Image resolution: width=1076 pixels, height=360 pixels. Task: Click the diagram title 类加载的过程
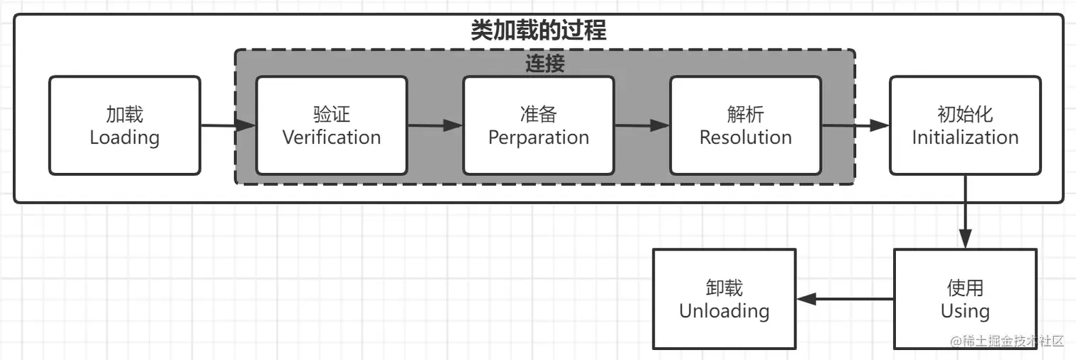538,31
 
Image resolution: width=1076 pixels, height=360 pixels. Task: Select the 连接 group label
544,63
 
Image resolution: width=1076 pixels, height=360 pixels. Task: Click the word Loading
125,137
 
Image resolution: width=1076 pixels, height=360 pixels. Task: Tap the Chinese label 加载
125,115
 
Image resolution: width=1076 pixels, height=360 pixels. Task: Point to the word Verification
332,137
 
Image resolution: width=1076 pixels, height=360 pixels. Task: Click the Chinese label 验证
332,115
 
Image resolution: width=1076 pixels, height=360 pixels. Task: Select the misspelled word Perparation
539,137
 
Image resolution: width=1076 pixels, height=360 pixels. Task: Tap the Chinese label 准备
539,115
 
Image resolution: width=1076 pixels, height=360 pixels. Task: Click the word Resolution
746,137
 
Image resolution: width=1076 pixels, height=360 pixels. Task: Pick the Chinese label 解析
746,115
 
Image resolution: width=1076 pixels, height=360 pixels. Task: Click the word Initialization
966,137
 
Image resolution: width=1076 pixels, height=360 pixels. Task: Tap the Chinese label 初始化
966,115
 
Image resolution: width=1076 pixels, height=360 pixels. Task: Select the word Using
965,311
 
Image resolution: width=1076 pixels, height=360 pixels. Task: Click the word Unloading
724,311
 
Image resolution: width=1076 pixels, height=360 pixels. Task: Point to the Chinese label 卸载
724,288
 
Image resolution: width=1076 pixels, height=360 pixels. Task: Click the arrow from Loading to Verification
228,126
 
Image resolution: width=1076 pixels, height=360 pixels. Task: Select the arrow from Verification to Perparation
435,126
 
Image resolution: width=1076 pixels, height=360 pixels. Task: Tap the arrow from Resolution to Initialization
855,126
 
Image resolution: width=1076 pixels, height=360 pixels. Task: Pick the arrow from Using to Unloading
845,300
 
